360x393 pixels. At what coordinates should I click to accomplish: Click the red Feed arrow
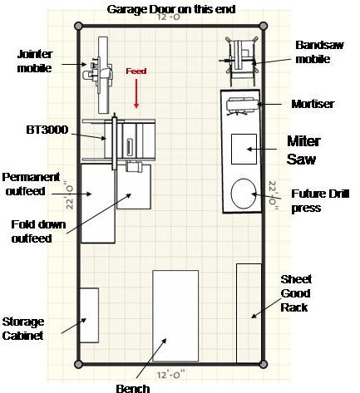pyautogui.click(x=136, y=94)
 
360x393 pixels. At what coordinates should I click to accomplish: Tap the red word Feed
pyautogui.click(x=136, y=71)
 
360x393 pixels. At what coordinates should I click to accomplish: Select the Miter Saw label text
pyautogui.click(x=303, y=150)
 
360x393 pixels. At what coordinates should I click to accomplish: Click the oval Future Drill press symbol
pyautogui.click(x=244, y=194)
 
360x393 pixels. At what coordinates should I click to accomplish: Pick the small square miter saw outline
pyautogui.click(x=244, y=149)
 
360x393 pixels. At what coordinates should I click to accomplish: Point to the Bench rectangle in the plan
pyautogui.click(x=175, y=316)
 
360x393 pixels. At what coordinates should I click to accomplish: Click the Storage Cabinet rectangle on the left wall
pyautogui.click(x=89, y=316)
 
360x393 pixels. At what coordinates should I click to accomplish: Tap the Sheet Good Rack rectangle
pyautogui.click(x=249, y=313)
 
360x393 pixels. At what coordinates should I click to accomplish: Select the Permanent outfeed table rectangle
pyautogui.click(x=98, y=204)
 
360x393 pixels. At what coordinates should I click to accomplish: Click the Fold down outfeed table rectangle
pyautogui.click(x=134, y=187)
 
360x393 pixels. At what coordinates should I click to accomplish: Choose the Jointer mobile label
pyautogui.click(x=35, y=61)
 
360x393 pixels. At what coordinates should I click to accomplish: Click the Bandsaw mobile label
pyautogui.click(x=319, y=52)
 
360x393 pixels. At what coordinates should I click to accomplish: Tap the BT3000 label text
pyautogui.click(x=47, y=130)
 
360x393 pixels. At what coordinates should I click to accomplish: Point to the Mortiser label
pyautogui.click(x=313, y=104)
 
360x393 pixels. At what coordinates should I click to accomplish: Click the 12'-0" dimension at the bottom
pyautogui.click(x=170, y=375)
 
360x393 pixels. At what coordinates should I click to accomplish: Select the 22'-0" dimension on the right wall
pyautogui.click(x=273, y=193)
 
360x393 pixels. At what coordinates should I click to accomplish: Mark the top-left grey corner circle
pyautogui.click(x=79, y=27)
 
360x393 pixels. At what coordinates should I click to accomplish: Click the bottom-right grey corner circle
pyautogui.click(x=264, y=364)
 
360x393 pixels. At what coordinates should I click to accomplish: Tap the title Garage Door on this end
pyautogui.click(x=171, y=9)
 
